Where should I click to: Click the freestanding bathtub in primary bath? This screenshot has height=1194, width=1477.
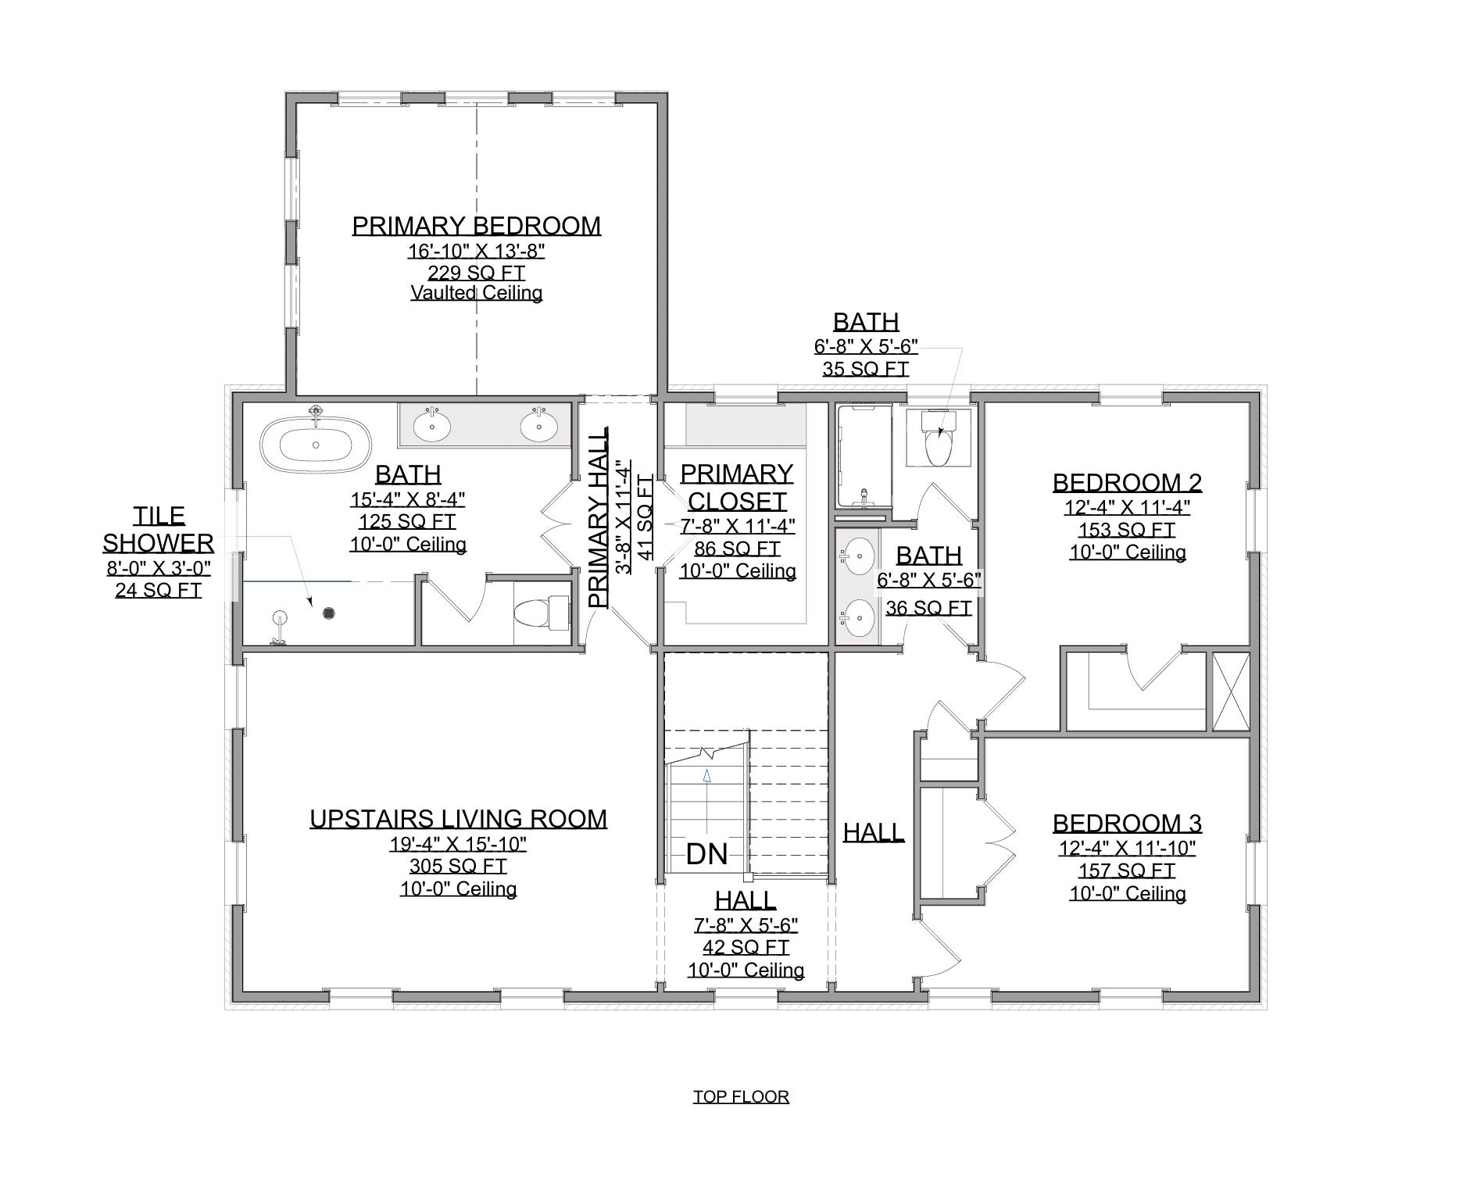tap(316, 444)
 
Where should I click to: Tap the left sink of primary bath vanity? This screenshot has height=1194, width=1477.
tap(431, 427)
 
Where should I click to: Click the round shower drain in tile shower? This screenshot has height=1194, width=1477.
tap(329, 613)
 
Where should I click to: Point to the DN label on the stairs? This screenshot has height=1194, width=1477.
tap(706, 854)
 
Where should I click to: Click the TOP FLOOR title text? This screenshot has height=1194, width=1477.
tap(741, 1097)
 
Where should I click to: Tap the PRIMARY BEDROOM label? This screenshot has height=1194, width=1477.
tap(476, 226)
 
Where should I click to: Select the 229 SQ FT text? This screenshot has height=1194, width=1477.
tap(476, 273)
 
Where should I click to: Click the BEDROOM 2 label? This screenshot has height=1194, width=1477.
tap(1127, 482)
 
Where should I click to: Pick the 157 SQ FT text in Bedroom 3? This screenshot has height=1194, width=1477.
tap(1127, 870)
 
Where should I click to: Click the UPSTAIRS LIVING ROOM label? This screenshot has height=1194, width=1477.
tap(458, 819)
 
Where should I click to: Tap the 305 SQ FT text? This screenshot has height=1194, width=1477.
tap(458, 866)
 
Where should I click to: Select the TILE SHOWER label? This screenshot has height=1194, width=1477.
tap(159, 529)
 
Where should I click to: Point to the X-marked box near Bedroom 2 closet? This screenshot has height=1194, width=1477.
tap(1231, 692)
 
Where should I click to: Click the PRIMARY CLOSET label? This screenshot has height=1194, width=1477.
tap(736, 486)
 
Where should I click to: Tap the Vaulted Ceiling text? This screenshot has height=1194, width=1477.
tap(476, 293)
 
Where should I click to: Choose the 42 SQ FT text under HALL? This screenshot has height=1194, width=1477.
tap(745, 948)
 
